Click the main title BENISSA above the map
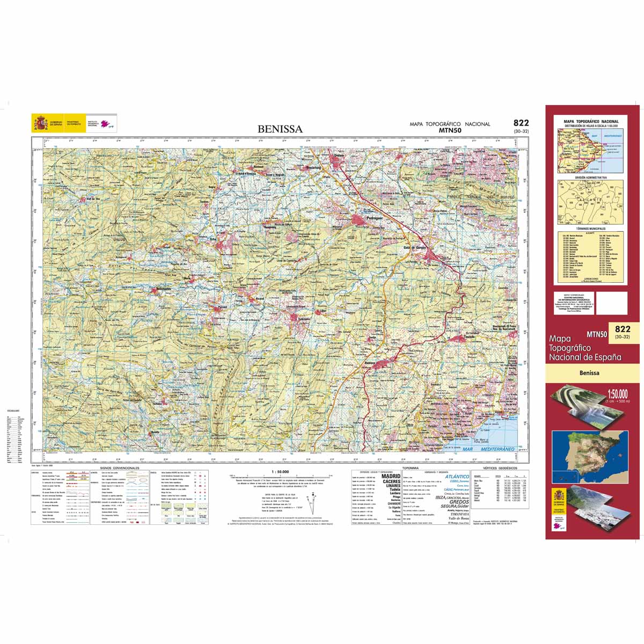click(280, 129)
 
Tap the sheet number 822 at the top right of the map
click(521, 123)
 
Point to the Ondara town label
click(341, 156)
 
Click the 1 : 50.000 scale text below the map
click(281, 471)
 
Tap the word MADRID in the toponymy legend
click(391, 476)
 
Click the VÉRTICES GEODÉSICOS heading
click(500, 468)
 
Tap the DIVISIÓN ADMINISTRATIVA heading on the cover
click(591, 177)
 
